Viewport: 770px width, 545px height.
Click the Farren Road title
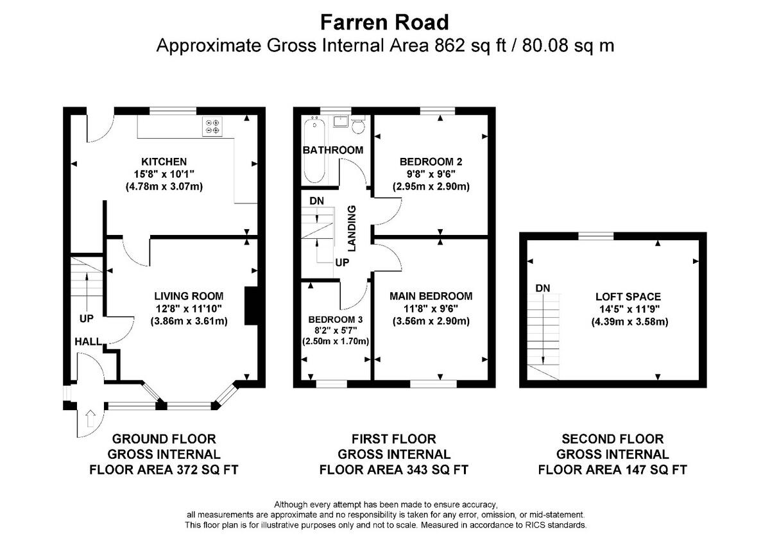click(x=384, y=22)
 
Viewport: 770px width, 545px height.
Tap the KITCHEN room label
click(x=164, y=162)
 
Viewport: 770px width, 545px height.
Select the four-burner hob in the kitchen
click(x=212, y=126)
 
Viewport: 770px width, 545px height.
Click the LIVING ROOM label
click(x=189, y=296)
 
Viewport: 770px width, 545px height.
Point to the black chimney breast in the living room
click(x=251, y=306)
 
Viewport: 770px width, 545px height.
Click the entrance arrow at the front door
click(x=90, y=418)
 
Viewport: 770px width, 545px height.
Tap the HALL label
click(x=89, y=342)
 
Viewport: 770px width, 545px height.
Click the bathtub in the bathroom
click(x=314, y=149)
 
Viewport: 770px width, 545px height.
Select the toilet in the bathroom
click(x=358, y=125)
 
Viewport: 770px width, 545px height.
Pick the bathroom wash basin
click(x=341, y=121)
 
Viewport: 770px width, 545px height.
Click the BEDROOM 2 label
click(x=431, y=162)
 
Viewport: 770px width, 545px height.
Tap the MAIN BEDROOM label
click(x=431, y=296)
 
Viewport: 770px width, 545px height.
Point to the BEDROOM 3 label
click(x=336, y=320)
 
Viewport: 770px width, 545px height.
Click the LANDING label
click(x=352, y=229)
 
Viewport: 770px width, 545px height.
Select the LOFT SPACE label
click(x=628, y=297)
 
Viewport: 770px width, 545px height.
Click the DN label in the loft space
click(x=543, y=288)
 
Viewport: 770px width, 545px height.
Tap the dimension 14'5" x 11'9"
click(x=629, y=309)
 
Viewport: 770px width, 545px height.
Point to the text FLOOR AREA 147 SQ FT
click(x=613, y=470)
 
